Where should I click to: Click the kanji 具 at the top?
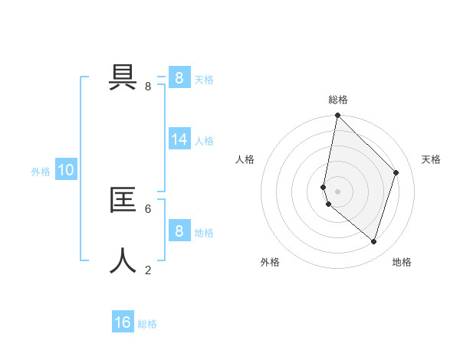pos(123,76)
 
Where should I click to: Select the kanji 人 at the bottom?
pos(123,260)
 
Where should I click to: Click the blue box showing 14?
pos(179,139)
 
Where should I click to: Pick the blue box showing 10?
pos(66,170)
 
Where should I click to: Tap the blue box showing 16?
pos(123,322)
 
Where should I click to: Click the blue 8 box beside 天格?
pos(179,77)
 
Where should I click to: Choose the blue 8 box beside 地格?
pos(179,231)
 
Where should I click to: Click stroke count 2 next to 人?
pos(148,270)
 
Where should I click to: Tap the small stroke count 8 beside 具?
pos(148,87)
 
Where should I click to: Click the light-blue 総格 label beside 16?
pos(147,324)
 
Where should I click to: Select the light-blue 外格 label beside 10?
pos(41,172)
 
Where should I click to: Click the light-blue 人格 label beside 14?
pos(204,141)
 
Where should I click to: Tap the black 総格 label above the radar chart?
pos(338,100)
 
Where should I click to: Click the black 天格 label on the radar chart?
pos(431,159)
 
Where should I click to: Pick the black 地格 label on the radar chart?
pos(402,262)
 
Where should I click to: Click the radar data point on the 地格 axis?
pos(373,242)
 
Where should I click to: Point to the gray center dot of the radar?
pos(338,191)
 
